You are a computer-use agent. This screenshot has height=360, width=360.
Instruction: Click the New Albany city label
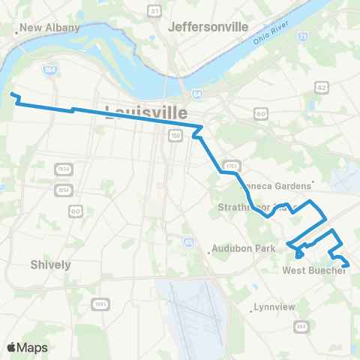click(x=49, y=28)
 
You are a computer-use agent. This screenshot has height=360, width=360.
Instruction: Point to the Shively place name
click(x=51, y=265)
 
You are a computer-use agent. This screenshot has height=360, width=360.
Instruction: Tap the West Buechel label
click(x=313, y=271)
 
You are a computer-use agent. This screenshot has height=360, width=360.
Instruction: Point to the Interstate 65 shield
click(x=188, y=241)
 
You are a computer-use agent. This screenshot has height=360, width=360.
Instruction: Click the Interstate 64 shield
click(x=196, y=94)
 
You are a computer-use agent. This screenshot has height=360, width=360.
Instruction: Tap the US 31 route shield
click(x=154, y=11)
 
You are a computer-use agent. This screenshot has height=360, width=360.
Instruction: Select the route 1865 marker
click(x=100, y=304)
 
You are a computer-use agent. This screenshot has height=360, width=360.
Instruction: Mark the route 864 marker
click(x=301, y=326)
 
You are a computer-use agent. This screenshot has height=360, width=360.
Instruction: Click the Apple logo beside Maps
click(x=11, y=347)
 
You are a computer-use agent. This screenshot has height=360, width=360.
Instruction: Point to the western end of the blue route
click(x=11, y=94)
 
